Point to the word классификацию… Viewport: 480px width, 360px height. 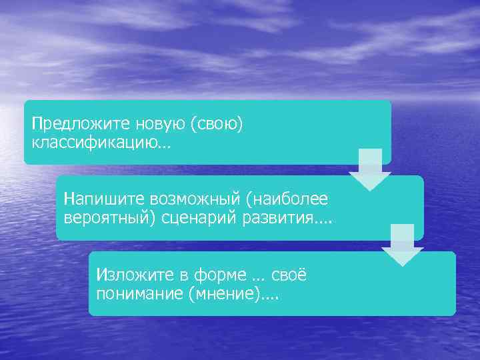(x=101, y=143)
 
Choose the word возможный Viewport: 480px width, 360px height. (x=184, y=199)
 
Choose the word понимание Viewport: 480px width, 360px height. (x=139, y=294)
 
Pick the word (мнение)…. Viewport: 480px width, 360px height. (x=233, y=294)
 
